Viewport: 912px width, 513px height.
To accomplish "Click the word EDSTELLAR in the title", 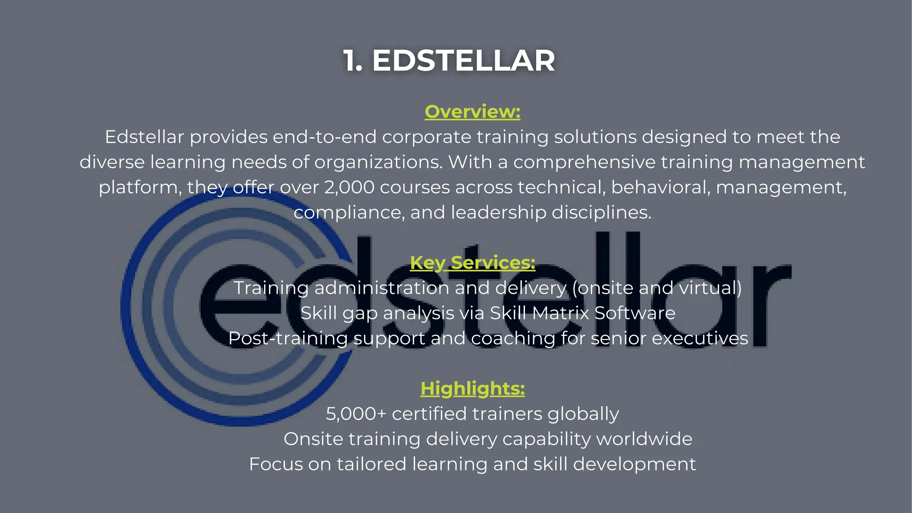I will pos(463,61).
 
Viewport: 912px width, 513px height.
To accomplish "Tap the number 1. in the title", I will pos(353,61).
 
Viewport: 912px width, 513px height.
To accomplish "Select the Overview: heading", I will pos(472,111).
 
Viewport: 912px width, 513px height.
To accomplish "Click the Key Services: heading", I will pos(472,263).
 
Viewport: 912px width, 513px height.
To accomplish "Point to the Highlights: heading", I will pos(472,388).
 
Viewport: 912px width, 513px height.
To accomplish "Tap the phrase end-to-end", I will pos(325,137).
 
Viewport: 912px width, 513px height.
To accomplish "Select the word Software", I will pos(635,313).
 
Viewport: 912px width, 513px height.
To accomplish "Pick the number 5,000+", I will pos(356,414).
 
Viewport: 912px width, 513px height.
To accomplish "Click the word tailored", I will pos(371,464).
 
